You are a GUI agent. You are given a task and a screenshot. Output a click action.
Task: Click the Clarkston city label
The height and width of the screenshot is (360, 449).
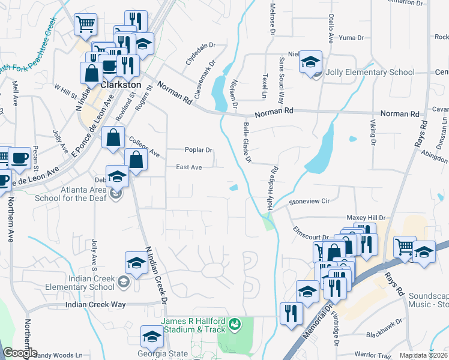coord(121,85)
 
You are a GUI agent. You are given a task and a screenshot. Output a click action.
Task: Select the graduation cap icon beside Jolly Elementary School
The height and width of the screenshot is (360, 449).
coord(310,62)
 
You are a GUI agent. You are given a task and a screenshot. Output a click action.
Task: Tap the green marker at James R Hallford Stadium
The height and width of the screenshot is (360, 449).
coord(235,325)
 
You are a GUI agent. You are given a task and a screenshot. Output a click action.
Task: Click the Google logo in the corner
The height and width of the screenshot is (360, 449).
coord(20,353)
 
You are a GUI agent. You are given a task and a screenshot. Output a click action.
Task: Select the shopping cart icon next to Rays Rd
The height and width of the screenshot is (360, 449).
coord(405,247)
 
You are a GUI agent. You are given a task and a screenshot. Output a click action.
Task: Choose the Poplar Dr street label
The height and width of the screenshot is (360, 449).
coord(198,150)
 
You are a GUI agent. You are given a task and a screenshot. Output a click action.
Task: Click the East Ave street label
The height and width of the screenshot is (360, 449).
coord(188,168)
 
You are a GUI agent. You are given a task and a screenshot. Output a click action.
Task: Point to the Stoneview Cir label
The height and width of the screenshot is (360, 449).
coord(310,202)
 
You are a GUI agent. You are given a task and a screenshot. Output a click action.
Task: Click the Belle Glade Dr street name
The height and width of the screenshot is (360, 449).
coord(247,142)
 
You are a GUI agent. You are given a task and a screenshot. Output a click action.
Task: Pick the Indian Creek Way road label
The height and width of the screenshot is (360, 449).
coord(96,305)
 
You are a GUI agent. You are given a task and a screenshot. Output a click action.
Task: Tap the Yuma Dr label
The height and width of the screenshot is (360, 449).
coord(352,37)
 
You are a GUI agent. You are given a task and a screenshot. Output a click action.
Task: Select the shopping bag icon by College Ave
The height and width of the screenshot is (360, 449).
coord(113,139)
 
